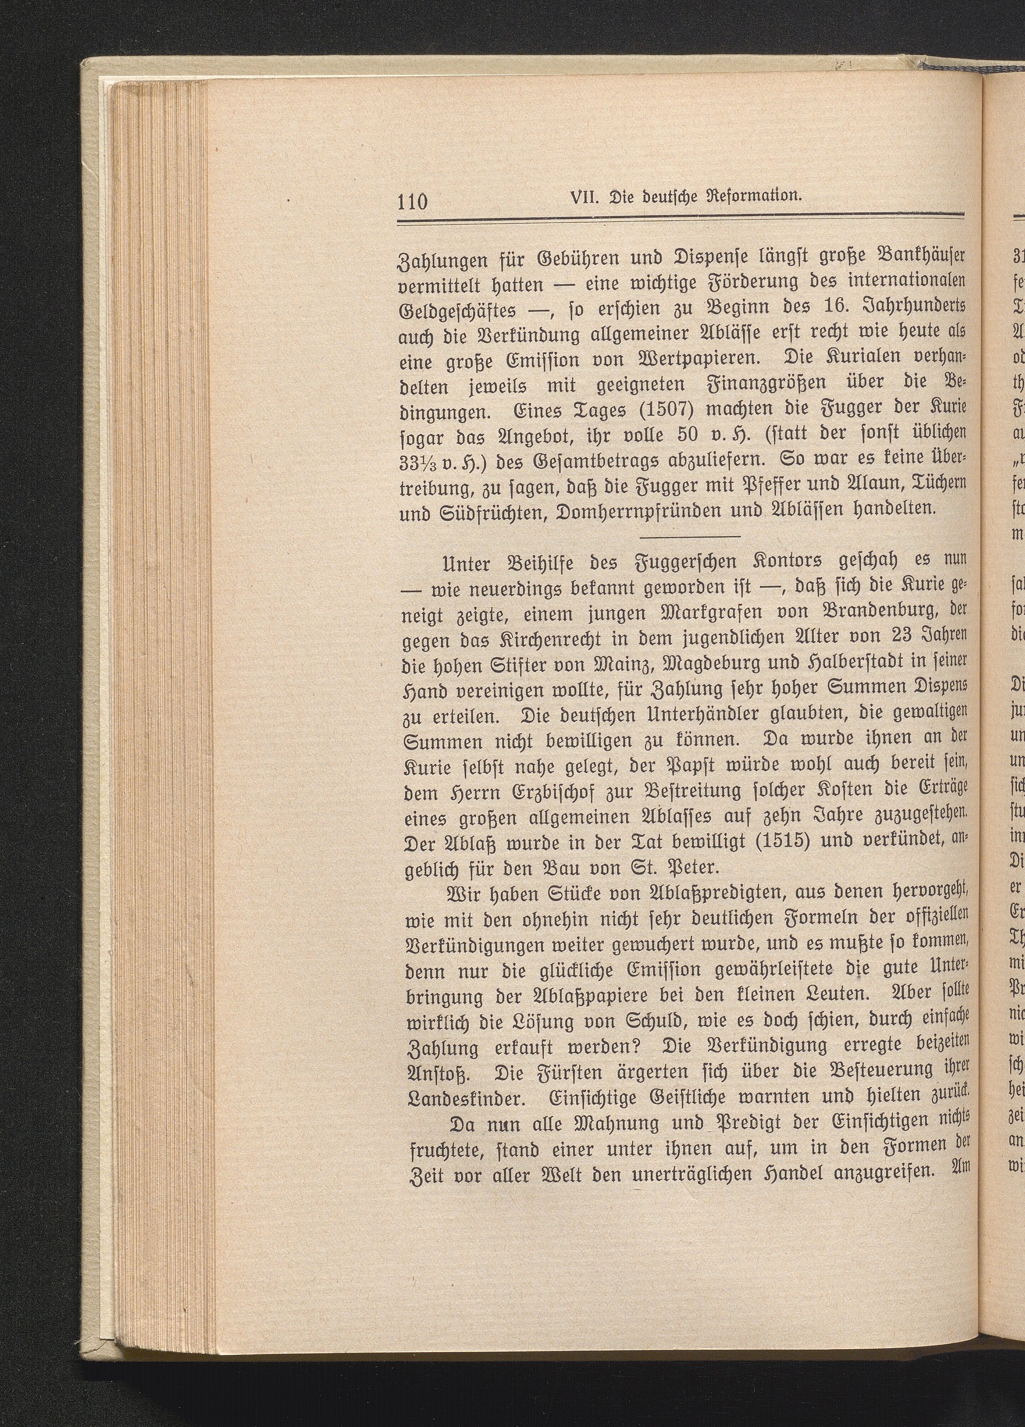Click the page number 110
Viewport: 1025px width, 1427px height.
pos(412,202)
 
